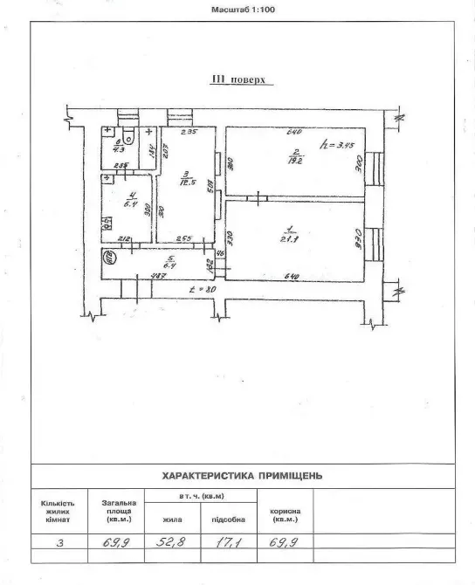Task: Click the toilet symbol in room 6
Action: [x=127, y=135]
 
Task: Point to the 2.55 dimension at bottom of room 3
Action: [x=182, y=239]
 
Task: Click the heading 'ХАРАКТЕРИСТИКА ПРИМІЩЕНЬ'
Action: [x=243, y=477]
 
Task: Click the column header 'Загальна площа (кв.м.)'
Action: [x=119, y=511]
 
